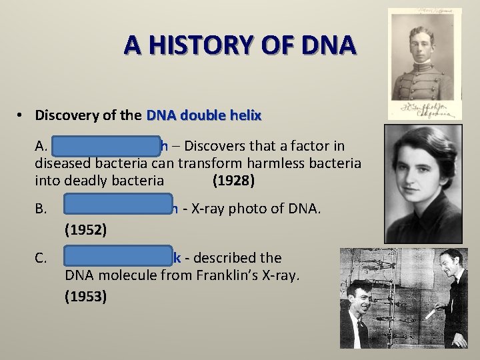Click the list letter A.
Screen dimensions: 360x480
41,147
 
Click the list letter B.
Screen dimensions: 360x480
41,209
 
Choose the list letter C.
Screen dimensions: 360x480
41,257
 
